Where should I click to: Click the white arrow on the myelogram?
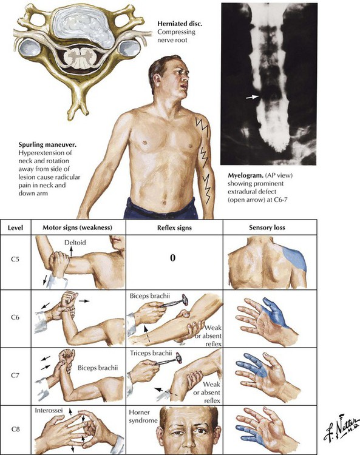coord(253,97)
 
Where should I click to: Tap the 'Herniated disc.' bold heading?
coord(180,24)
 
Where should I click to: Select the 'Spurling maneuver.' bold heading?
coord(47,144)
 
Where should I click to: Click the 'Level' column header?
coord(15,227)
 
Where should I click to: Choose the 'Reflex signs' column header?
coord(174,227)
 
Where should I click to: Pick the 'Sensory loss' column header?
coord(267,227)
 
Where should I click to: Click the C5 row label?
coord(15,259)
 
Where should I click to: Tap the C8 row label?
coord(15,428)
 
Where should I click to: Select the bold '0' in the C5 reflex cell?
coord(173,257)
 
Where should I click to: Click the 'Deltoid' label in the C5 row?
coord(75,242)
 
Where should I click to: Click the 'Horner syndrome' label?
coord(143,416)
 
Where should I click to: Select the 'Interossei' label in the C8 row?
coord(48,410)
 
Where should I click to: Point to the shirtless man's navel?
coord(165,203)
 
